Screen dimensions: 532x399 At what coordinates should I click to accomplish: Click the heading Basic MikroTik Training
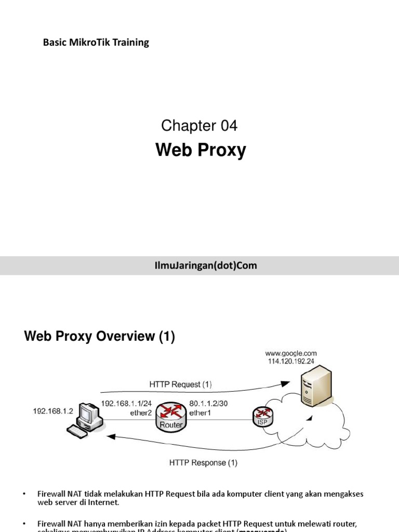[96, 43]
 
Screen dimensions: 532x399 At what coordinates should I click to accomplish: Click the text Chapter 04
[199, 125]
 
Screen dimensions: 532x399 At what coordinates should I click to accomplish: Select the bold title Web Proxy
[201, 151]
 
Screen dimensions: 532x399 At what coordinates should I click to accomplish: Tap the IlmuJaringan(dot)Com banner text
[199, 265]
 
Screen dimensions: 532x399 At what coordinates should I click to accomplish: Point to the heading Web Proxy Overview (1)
[100, 337]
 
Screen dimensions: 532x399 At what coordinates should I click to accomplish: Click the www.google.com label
[292, 353]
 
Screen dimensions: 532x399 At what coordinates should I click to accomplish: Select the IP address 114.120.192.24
[292, 362]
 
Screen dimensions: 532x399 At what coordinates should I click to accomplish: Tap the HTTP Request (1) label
[181, 384]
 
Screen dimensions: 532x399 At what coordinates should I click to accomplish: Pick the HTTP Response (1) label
[204, 462]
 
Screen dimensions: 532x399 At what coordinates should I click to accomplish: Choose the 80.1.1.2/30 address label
[209, 403]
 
